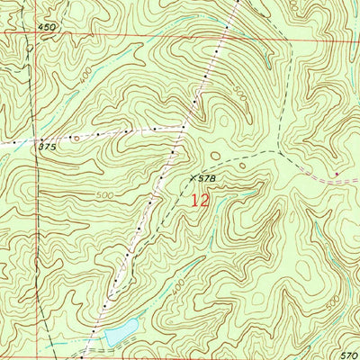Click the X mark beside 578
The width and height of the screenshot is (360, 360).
(x=193, y=177)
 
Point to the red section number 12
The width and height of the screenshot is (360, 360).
(x=200, y=201)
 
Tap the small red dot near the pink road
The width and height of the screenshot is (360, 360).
(x=337, y=173)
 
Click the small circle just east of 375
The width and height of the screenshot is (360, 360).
(x=76, y=139)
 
